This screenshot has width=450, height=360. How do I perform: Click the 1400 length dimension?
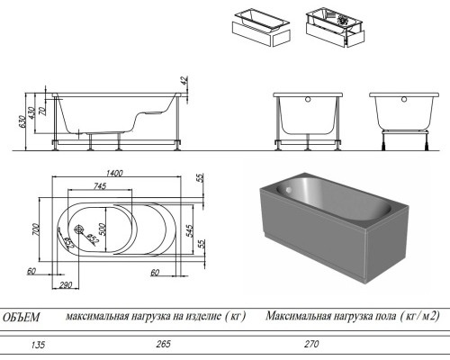(114, 173)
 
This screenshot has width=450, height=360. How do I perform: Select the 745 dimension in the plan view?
(100, 186)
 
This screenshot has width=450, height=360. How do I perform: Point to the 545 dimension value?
(190, 230)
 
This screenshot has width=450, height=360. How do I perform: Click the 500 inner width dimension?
(103, 229)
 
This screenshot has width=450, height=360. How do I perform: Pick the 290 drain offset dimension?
(65, 284)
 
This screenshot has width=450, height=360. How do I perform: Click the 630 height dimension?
(22, 122)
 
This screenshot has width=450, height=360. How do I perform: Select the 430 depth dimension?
(32, 113)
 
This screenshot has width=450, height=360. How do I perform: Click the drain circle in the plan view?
(79, 229)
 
